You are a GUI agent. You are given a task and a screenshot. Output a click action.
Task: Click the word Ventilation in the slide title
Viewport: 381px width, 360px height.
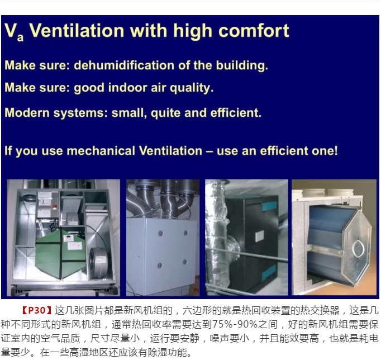[77, 31]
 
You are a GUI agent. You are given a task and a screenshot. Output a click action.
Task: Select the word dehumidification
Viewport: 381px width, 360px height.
[124, 65]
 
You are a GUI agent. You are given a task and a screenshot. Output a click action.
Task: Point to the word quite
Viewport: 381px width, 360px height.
[166, 113]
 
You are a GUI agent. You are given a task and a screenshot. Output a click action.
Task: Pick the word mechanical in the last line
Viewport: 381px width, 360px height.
[101, 151]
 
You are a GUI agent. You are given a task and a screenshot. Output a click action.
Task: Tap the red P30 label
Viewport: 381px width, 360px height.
[37, 310]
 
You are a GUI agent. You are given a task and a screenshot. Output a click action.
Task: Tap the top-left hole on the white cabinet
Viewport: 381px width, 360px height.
[161, 234]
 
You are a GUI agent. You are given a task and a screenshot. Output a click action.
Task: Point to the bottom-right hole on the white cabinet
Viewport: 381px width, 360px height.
[185, 262]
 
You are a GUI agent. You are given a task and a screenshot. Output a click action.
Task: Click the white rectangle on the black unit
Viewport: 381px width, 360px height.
[259, 236]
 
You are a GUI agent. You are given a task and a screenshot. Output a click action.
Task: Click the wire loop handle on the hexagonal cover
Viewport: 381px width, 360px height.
[358, 249]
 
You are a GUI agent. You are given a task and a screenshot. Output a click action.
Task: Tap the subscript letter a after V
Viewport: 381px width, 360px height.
[20, 37]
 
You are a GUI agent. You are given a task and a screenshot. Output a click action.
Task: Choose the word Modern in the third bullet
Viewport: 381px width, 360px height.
[27, 113]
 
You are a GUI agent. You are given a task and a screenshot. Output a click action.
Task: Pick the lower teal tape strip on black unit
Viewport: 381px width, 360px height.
[269, 272]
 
